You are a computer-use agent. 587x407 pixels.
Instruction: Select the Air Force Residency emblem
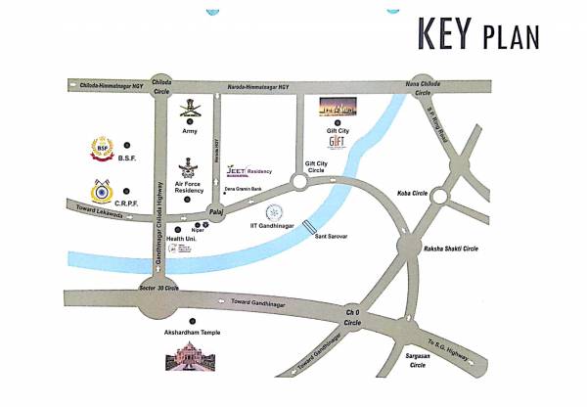click(x=189, y=167)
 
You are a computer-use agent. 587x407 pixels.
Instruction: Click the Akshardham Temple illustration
click(x=193, y=357)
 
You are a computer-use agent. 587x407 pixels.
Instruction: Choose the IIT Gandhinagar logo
click(x=276, y=211)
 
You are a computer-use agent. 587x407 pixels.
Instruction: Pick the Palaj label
click(x=216, y=209)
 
